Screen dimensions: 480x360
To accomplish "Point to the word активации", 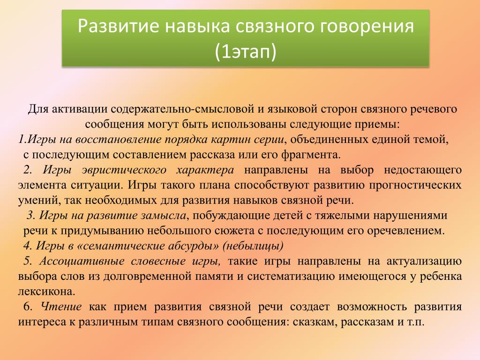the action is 79,109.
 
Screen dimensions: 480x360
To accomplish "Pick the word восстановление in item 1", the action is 119,139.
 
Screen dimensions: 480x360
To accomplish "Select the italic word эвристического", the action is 124,170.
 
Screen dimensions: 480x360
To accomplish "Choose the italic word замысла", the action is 164,216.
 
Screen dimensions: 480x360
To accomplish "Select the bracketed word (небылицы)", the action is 253,246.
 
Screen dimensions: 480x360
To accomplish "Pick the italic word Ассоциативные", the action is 82,261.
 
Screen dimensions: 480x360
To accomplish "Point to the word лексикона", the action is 46,292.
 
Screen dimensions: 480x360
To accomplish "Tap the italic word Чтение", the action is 61,307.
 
